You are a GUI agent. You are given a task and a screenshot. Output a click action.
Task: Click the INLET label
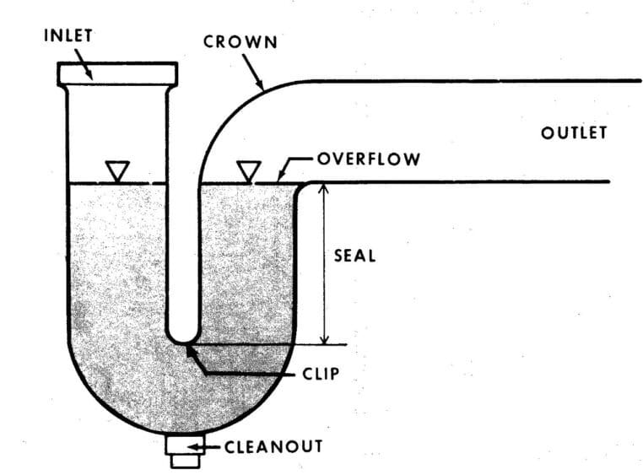69,36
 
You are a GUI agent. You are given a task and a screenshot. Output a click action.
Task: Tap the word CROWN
240,42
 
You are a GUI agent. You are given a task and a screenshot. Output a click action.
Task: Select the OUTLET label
573,133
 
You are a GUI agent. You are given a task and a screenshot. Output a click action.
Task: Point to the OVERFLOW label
368,159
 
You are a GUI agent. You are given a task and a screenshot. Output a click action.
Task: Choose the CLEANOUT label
273,445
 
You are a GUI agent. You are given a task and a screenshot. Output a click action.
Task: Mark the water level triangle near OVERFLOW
246,171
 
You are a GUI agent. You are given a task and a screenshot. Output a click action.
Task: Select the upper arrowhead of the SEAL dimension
321,189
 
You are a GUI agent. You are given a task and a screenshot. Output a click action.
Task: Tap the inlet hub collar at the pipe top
117,73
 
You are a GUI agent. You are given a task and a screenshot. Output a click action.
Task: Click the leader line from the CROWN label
253,72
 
